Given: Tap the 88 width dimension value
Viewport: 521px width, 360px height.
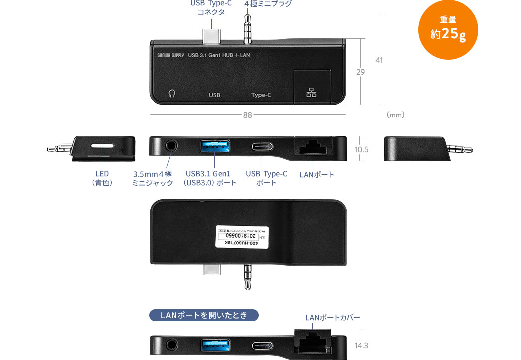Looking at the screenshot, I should [247, 115].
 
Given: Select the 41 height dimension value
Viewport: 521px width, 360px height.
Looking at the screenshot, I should [379, 60].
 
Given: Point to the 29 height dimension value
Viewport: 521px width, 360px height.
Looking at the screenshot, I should [360, 72].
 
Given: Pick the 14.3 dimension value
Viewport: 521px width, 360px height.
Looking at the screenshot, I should [362, 345].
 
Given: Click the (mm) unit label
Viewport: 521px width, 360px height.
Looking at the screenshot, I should [395, 115].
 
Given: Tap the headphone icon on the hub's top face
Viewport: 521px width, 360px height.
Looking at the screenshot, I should [172, 93].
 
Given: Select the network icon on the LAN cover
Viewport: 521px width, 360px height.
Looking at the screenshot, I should [312, 93].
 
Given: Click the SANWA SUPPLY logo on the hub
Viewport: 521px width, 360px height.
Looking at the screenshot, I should [167, 55].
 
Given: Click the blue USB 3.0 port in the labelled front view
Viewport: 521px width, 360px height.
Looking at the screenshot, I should [215, 147].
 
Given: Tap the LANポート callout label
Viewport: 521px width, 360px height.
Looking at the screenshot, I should [317, 174].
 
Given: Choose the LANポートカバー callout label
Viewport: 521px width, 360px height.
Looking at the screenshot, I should [333, 317].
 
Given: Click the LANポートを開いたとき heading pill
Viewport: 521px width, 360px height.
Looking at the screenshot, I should [204, 315].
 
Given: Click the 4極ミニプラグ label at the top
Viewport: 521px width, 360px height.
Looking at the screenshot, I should [268, 4].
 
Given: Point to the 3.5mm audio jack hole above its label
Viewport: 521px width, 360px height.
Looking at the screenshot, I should [171, 147].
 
